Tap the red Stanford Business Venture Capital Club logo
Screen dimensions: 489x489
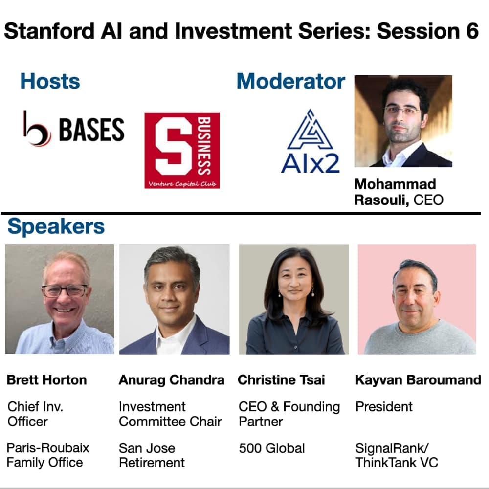182,150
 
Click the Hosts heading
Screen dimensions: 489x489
50,81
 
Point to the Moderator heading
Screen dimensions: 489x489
291,81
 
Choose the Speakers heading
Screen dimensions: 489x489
56,226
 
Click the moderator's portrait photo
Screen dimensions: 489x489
403,121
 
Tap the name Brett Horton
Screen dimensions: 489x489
46,380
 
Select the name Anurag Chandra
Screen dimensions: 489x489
172,380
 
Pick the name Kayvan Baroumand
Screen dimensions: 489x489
418,380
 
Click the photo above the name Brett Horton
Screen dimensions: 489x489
60,299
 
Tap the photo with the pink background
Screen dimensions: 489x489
417,299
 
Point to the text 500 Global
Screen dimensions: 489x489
271,448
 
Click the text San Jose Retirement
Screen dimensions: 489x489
152,455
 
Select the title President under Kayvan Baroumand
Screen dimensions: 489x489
384,407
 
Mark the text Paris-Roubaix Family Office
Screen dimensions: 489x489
48,455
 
